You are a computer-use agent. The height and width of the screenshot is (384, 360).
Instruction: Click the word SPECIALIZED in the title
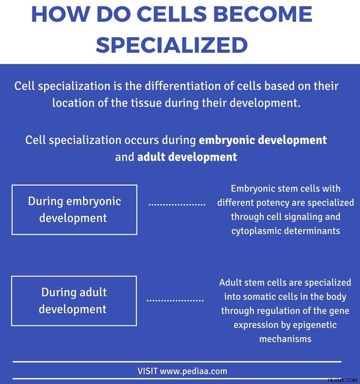(x=172, y=45)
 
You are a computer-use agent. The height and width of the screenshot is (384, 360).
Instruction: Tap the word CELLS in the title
(x=173, y=14)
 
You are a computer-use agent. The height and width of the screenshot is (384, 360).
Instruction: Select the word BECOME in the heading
(x=263, y=14)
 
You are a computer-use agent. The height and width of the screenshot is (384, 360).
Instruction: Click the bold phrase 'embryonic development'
(x=263, y=141)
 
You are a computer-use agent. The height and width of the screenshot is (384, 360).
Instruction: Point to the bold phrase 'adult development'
(x=187, y=157)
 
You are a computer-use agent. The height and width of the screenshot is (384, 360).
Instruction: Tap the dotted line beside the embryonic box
(x=177, y=204)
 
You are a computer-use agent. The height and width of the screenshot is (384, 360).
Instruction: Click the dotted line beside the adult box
(x=175, y=300)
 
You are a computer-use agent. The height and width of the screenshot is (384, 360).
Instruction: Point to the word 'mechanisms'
(x=285, y=339)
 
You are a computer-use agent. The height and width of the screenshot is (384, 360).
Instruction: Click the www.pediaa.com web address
(x=193, y=371)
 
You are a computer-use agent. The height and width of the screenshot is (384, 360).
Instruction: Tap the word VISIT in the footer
(x=147, y=371)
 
